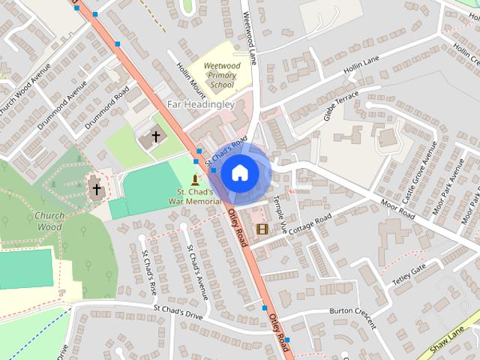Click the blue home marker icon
click(238, 172)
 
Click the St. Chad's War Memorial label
click(194, 196)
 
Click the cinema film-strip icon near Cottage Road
click(262, 229)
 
